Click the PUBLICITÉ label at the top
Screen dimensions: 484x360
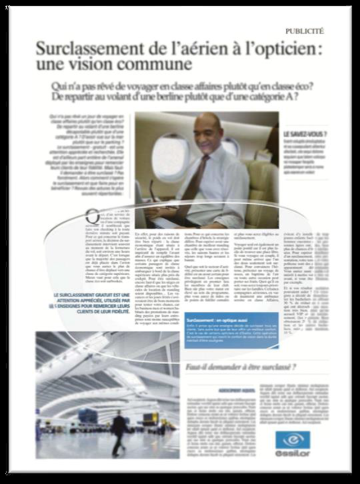pyautogui.click(x=304, y=31)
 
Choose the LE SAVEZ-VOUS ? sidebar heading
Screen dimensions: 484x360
pyautogui.click(x=306, y=135)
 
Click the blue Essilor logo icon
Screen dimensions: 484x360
pyautogui.click(x=293, y=439)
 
